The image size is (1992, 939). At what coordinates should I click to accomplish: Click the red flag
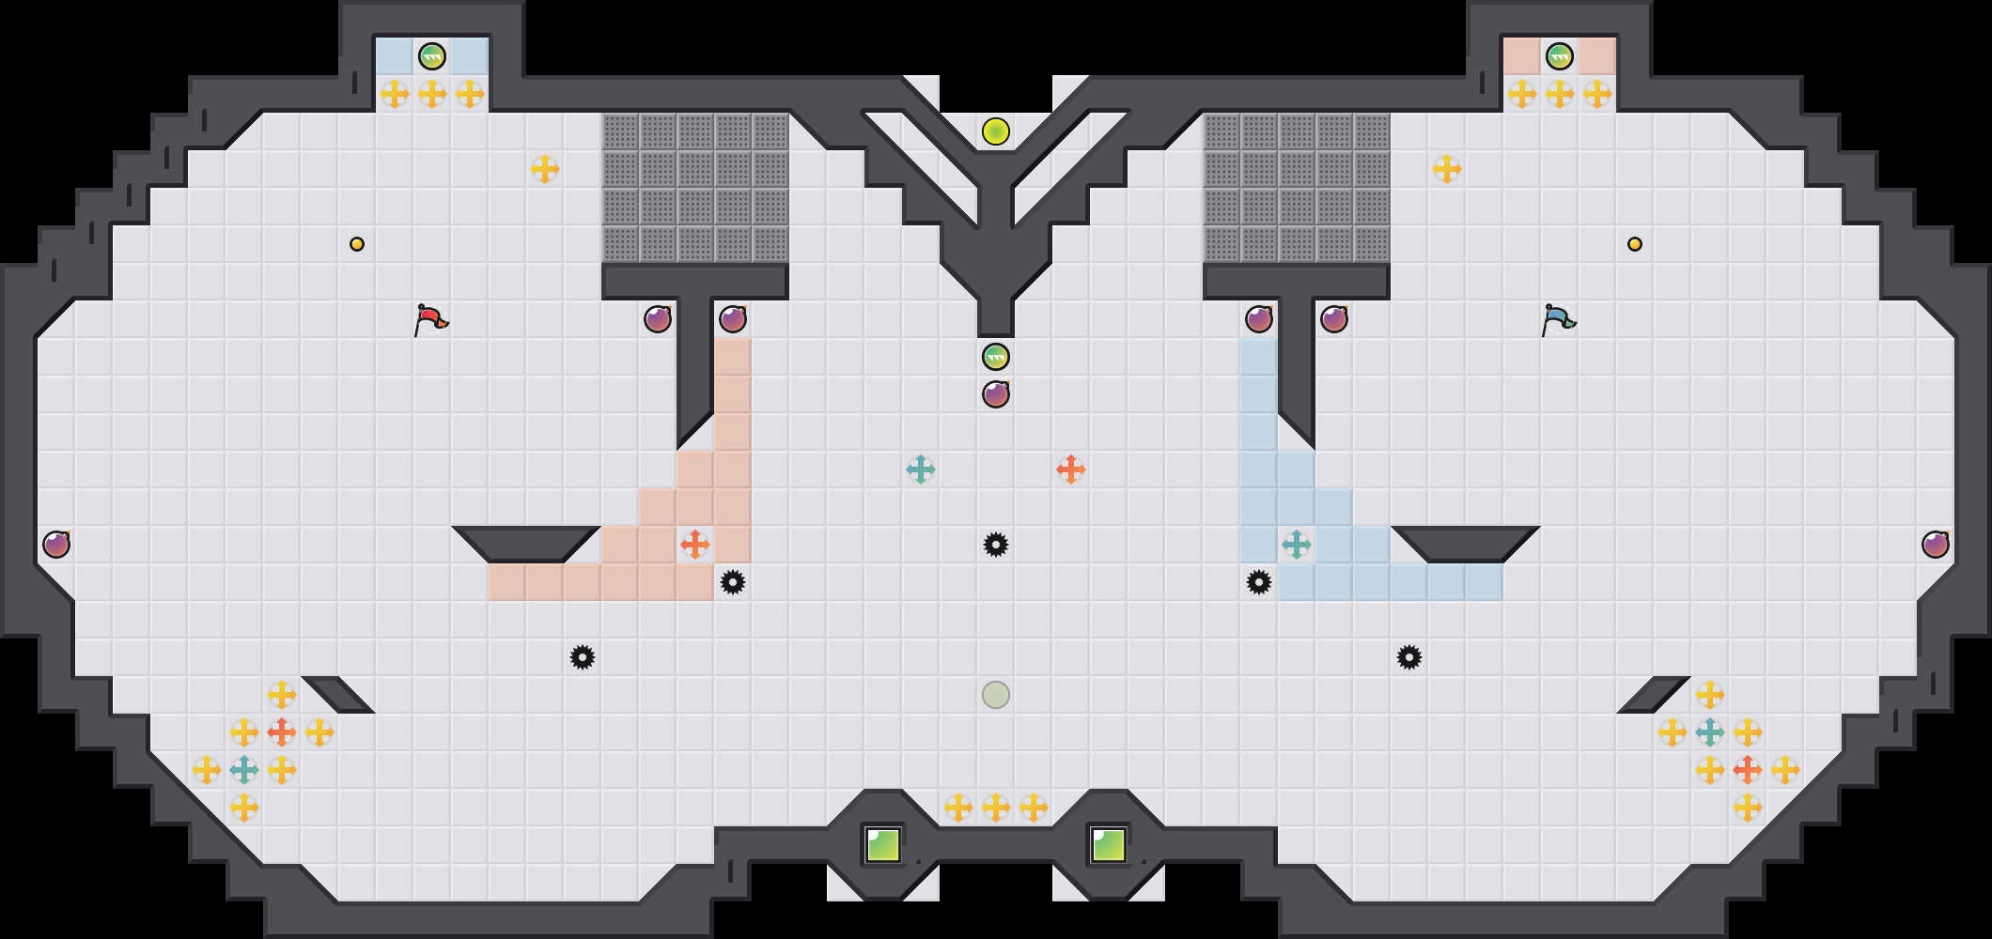click(x=431, y=319)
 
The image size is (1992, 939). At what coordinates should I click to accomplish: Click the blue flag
click(x=1559, y=319)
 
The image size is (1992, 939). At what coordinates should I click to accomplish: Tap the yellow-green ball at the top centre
click(x=996, y=131)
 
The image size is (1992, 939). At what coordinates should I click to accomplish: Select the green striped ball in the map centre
click(x=996, y=357)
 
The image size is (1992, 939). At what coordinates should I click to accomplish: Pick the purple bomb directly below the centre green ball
click(x=996, y=394)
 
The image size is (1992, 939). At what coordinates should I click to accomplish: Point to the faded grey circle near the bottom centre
click(x=996, y=695)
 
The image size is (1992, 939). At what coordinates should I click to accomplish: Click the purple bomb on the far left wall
click(x=56, y=545)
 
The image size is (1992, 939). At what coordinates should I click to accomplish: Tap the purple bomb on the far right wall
click(x=1936, y=545)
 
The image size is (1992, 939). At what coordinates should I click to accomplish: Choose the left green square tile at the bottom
click(x=883, y=845)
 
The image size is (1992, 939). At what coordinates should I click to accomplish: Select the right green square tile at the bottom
click(x=1109, y=845)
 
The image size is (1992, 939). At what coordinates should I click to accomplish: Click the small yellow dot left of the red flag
click(x=357, y=244)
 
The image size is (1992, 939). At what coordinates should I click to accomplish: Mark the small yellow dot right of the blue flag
click(x=1635, y=244)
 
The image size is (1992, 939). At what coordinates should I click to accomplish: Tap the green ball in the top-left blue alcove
click(x=432, y=56)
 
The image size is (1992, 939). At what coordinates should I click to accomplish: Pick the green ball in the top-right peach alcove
click(x=1560, y=56)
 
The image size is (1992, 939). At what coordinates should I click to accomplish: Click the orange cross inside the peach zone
click(x=695, y=545)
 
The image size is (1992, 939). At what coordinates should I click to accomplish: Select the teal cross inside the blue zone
click(x=1297, y=545)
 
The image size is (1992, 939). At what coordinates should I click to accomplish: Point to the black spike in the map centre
click(x=996, y=545)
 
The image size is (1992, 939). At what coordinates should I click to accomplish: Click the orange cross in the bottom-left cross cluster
click(x=282, y=732)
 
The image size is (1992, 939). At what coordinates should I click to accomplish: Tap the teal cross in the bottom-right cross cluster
click(x=1710, y=732)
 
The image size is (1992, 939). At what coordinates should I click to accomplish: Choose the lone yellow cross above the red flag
click(x=545, y=169)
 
